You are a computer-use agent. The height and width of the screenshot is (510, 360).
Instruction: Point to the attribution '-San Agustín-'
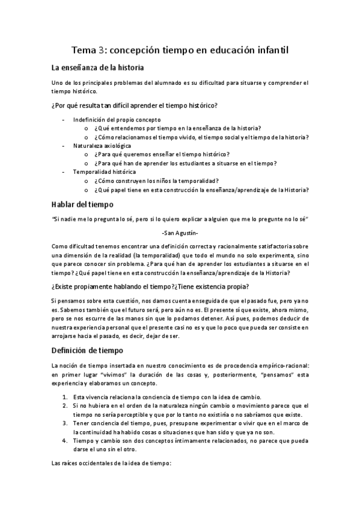[x=180, y=233]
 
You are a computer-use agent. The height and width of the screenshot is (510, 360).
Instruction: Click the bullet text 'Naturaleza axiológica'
[x=103, y=146]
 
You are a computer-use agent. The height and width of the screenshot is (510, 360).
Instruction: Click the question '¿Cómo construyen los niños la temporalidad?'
[x=156, y=180]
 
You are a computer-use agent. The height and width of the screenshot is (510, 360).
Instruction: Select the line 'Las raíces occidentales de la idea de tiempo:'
[x=112, y=463]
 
